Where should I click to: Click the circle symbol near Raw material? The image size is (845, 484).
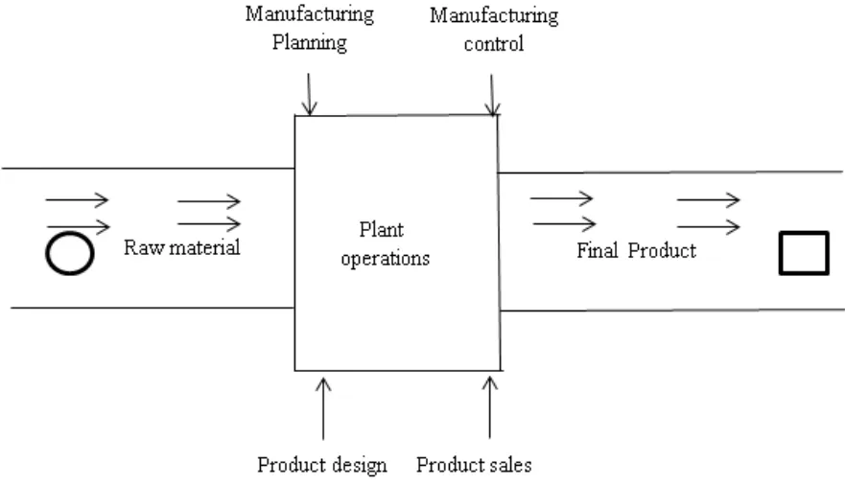coord(69,252)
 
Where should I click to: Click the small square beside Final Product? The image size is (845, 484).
coord(803,253)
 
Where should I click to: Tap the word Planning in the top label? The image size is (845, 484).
coord(309,43)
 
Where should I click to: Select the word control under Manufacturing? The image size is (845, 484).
coord(493,44)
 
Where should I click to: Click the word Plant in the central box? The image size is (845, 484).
coord(381,230)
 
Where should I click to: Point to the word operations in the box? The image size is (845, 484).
coord(385,258)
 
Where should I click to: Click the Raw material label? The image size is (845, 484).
coord(181,248)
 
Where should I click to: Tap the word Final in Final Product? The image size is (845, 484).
coord(597,251)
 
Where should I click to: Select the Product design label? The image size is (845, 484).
coord(321,466)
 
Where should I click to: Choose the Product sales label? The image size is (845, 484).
coord(474,466)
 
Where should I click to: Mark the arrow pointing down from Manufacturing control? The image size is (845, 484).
coord(492,97)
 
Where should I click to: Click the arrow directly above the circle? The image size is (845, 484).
coord(76,225)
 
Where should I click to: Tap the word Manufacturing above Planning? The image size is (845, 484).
coord(309,15)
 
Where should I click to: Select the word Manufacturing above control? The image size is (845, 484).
coord(493,16)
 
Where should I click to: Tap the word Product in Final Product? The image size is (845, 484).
coord(661,251)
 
